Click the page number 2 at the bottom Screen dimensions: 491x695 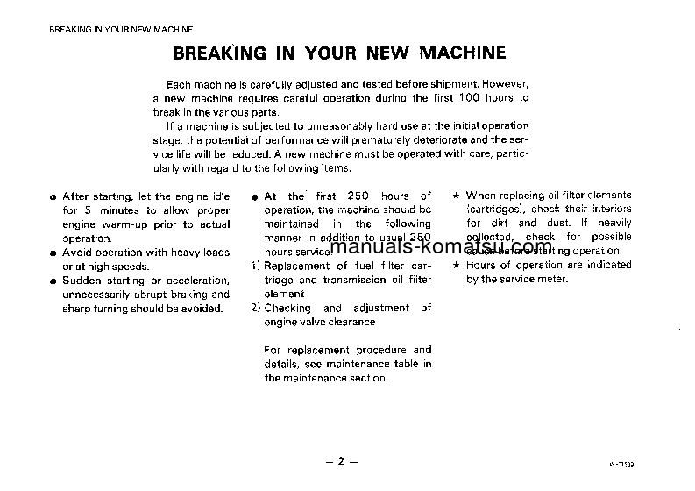[341, 461]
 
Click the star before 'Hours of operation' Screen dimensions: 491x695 [457, 266]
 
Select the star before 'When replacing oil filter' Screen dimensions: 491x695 [457, 196]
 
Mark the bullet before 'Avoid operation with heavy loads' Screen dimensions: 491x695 [53, 253]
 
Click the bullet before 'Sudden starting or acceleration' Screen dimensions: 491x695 [53, 281]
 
